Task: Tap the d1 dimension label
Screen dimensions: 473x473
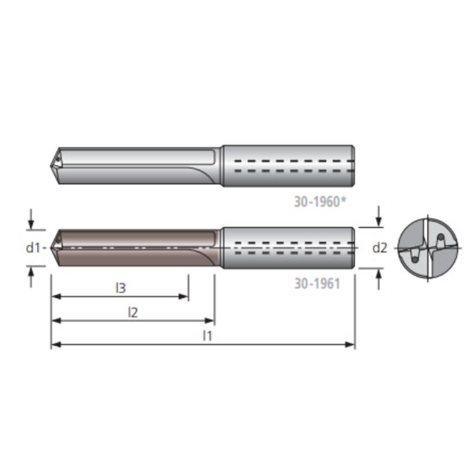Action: tap(34, 248)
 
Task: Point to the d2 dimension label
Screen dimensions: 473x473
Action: tap(379, 248)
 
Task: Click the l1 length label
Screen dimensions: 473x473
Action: tap(206, 335)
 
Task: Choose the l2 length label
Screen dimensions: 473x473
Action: tap(132, 312)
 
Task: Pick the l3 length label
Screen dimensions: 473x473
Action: tap(120, 288)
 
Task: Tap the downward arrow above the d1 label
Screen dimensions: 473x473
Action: tap(32, 224)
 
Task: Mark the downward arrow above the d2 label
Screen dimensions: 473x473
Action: tap(379, 223)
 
